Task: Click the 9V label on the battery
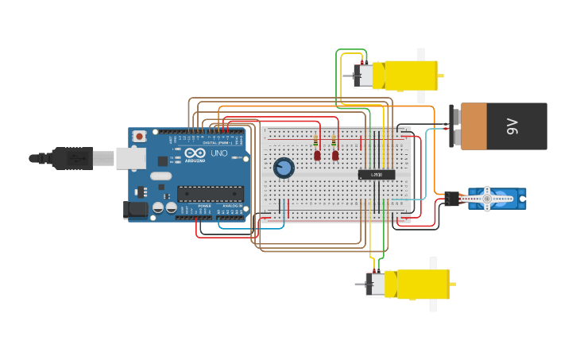[512, 126]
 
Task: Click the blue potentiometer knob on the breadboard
[284, 168]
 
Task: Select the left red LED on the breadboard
[317, 156]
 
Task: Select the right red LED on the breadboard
[335, 156]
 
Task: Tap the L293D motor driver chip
[377, 174]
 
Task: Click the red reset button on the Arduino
[140, 137]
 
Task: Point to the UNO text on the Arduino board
[218, 153]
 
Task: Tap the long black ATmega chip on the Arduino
[211, 193]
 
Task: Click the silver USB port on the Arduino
[130, 158]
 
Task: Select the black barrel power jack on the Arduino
[136, 210]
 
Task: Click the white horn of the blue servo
[487, 198]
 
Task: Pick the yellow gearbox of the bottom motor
[423, 284]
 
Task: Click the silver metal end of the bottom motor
[375, 284]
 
